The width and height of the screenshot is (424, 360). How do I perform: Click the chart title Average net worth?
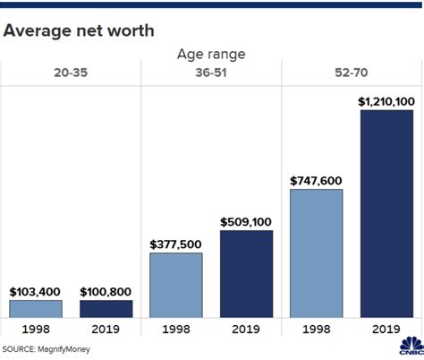pos(78,31)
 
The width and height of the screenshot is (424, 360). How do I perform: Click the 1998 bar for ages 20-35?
pos(36,308)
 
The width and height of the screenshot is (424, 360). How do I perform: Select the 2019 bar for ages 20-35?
pos(106,308)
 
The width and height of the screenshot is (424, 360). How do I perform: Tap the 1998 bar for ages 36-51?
pos(176,285)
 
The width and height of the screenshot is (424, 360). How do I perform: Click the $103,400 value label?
pos(36,291)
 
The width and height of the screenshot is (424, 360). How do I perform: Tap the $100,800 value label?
pos(106,291)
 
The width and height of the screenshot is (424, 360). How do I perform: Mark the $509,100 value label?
pos(246,221)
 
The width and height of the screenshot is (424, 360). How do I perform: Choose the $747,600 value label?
pos(317,180)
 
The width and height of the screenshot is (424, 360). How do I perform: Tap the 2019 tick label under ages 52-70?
pos(386,329)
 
